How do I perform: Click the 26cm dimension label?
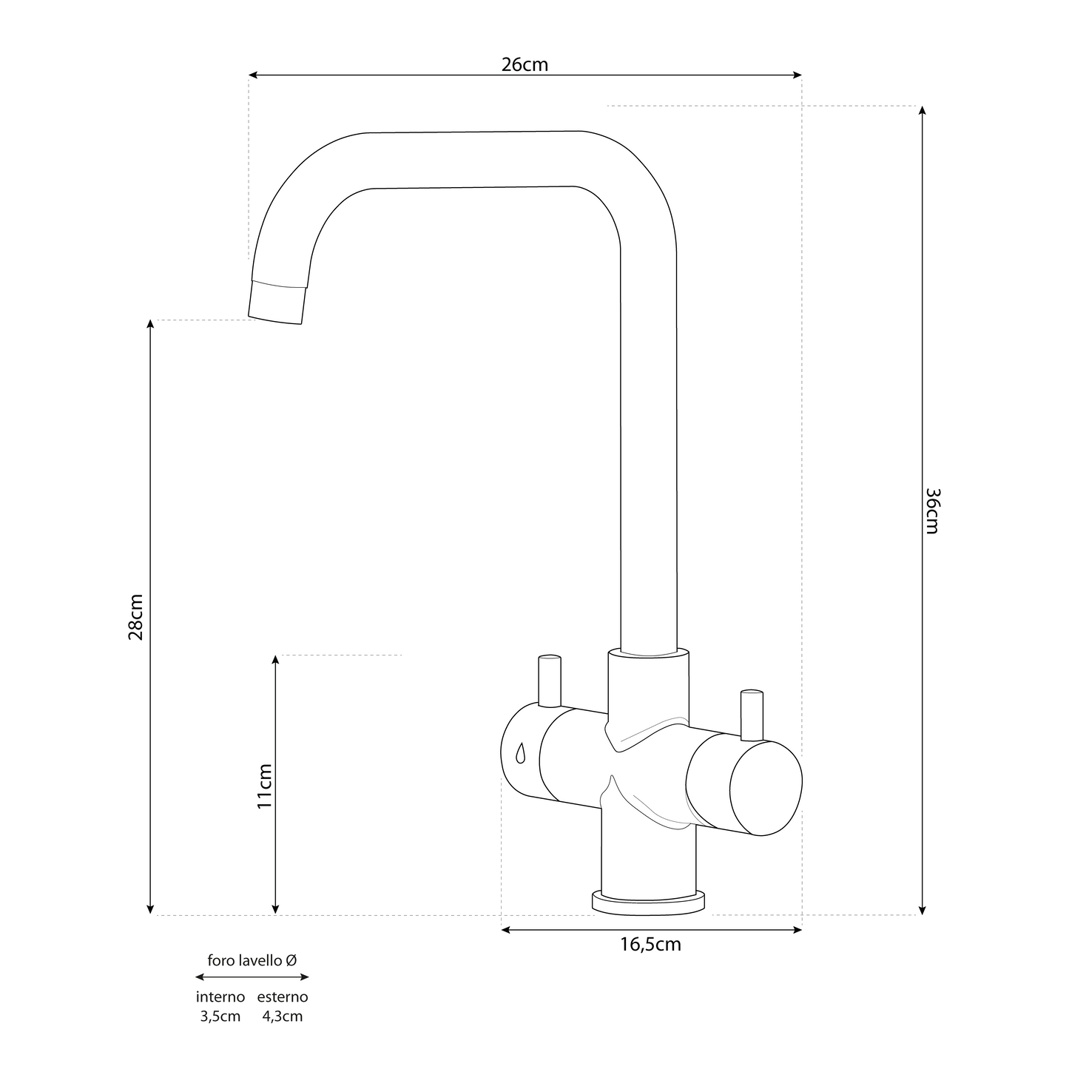click(x=525, y=64)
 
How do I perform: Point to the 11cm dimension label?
click(x=265, y=786)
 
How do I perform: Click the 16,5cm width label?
click(x=651, y=945)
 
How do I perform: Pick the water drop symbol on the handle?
click(x=520, y=752)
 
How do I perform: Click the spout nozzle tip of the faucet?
click(x=277, y=304)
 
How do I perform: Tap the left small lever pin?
click(x=550, y=681)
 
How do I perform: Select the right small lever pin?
click(x=751, y=715)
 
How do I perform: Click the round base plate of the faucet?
click(x=649, y=903)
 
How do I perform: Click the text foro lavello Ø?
click(x=252, y=961)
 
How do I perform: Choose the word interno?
click(x=220, y=997)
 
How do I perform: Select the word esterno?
click(x=283, y=997)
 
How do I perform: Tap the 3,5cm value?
click(x=220, y=1016)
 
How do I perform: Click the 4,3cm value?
click(x=283, y=1016)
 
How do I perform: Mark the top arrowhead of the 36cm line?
click(x=922, y=110)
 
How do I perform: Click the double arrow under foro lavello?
click(x=252, y=977)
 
